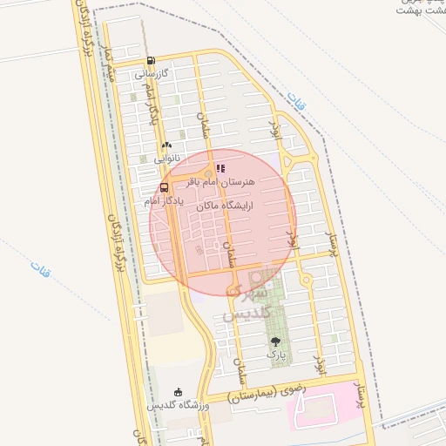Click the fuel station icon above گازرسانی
(x=152, y=61)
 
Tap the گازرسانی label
(x=152, y=75)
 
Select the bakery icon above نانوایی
(x=166, y=145)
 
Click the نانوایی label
(x=168, y=159)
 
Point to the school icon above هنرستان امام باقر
(x=220, y=168)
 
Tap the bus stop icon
(x=165, y=187)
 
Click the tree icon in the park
(x=276, y=342)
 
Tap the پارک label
(x=276, y=356)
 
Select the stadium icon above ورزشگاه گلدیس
(x=179, y=393)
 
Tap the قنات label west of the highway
(x=39, y=269)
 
